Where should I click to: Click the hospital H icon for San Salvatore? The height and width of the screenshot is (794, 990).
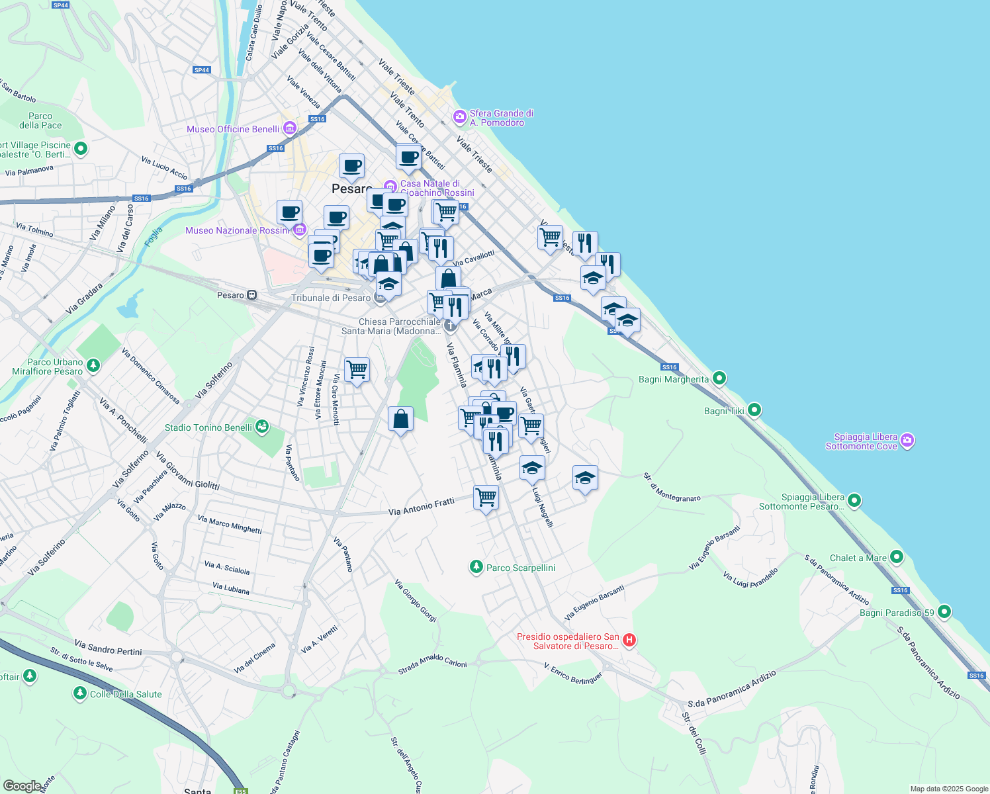629,640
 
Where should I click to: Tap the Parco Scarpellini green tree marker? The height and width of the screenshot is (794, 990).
476,567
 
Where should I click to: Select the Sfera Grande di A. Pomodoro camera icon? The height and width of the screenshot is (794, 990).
459,117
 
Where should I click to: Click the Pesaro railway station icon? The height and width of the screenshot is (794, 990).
251,295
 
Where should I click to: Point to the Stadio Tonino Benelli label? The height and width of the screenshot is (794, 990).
208,427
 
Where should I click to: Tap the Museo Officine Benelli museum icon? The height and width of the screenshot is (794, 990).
289,128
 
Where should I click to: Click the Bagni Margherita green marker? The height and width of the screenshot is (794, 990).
719,378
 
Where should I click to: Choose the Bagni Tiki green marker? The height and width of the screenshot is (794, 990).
754,410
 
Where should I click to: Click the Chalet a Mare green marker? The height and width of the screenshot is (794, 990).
896,557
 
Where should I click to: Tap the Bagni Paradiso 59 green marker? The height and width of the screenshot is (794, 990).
944,612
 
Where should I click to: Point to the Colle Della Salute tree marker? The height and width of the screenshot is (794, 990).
80,693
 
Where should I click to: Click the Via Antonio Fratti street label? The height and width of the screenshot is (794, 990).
421,507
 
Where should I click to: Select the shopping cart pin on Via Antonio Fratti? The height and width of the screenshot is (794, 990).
486,497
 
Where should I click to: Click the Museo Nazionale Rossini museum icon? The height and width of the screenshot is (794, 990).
299,230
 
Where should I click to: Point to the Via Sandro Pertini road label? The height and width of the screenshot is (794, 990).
108,647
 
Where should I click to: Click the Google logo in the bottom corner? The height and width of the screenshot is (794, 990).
22,785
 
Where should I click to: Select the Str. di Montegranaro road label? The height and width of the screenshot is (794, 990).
672,487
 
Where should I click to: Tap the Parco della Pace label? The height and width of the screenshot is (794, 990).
40,120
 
